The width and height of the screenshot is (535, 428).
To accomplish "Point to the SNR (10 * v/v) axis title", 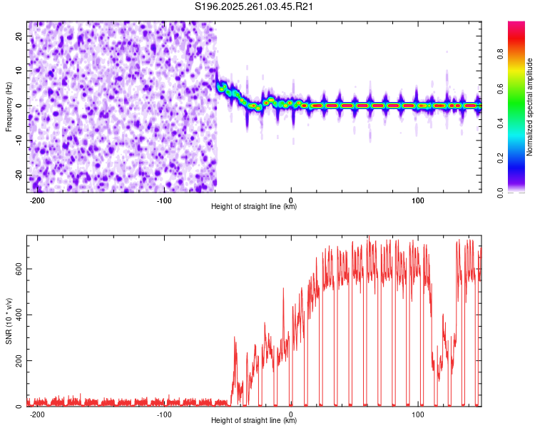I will tap(9, 320).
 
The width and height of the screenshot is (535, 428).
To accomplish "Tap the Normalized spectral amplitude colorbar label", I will tap(529, 107).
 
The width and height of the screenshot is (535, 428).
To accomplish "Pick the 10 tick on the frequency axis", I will tap(20, 71).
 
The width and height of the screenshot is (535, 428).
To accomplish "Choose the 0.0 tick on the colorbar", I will tap(499, 192).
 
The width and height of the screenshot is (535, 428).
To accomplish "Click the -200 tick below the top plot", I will tap(38, 200).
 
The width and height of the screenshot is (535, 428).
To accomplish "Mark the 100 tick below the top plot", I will tap(417, 200).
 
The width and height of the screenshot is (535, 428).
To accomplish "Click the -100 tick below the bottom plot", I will tap(164, 414).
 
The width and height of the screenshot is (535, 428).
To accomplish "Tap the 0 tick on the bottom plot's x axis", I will tap(291, 414).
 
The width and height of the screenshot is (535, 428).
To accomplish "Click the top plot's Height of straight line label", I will tap(254, 207).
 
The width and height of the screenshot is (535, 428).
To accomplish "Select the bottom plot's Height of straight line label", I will tap(254, 421).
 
